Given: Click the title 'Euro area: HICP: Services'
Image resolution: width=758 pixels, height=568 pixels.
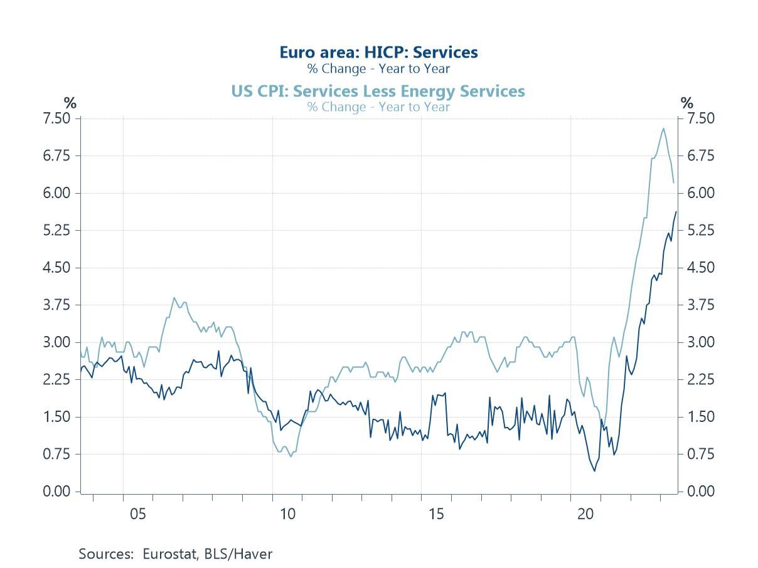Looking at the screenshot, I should (378, 52).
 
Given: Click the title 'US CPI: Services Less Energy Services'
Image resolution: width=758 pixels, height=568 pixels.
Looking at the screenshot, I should (378, 91).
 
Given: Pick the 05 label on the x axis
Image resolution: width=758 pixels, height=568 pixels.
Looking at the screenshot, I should (138, 514).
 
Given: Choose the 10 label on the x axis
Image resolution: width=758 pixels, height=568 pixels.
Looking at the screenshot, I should (287, 514).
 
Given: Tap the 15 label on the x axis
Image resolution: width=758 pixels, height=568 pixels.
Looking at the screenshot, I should (436, 514).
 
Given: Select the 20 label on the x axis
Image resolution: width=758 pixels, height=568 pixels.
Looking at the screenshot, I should (585, 514).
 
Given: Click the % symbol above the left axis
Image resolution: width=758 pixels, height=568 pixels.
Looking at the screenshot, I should (70, 103).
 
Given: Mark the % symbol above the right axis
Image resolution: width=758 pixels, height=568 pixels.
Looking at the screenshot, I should (687, 103).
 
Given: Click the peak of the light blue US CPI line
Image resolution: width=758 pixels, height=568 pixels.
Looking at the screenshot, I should (663, 129).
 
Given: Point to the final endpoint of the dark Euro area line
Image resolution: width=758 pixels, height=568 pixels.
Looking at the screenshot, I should (676, 212).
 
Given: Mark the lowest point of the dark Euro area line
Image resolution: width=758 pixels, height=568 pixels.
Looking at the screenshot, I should (595, 471).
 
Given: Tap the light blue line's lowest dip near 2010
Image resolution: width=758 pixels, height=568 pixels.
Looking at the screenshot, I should (291, 456).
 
